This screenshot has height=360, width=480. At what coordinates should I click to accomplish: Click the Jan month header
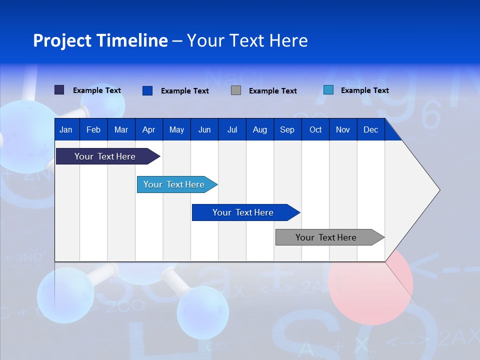pyautogui.click(x=66, y=130)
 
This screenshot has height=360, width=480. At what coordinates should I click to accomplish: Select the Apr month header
pyautogui.click(x=148, y=130)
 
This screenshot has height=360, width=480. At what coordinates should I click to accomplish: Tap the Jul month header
pyautogui.click(x=232, y=130)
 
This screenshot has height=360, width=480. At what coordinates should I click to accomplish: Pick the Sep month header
pyautogui.click(x=287, y=130)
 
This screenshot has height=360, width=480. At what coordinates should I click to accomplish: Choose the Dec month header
pyautogui.click(x=370, y=130)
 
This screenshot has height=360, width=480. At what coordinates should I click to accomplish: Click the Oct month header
pyautogui.click(x=315, y=130)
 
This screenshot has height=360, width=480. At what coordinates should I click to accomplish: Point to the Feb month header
pyautogui.click(x=93, y=130)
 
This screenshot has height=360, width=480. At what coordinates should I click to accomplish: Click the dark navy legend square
pyautogui.click(x=59, y=90)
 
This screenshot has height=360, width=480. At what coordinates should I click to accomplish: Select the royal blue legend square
pyautogui.click(x=147, y=90)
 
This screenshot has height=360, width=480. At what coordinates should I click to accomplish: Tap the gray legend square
pyautogui.click(x=236, y=90)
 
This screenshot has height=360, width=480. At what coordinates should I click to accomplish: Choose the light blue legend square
pyautogui.click(x=328, y=90)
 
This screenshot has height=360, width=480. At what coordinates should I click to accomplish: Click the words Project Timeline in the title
pyautogui.click(x=100, y=40)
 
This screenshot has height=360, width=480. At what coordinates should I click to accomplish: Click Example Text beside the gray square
pyautogui.click(x=273, y=91)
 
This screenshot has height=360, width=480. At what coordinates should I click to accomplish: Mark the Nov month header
pyautogui.click(x=343, y=130)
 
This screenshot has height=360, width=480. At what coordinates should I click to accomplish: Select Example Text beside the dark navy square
pyautogui.click(x=97, y=90)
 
